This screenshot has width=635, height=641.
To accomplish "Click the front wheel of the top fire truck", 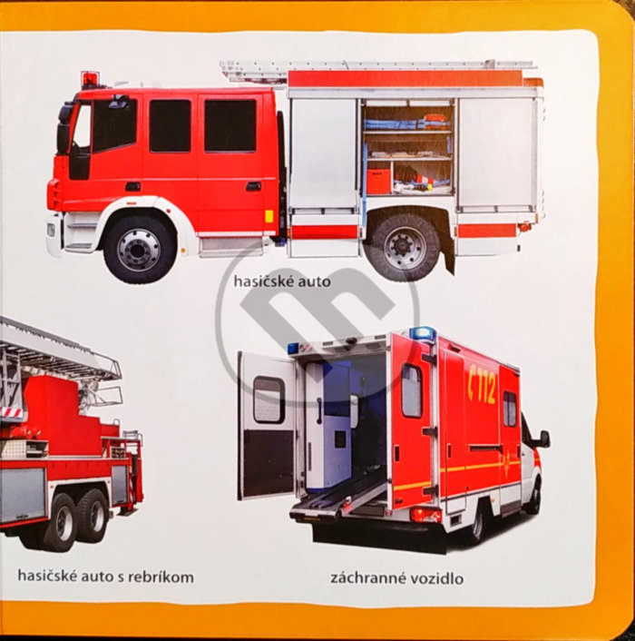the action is coord(140,250).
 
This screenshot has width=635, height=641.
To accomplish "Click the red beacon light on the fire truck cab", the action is coord(90,79).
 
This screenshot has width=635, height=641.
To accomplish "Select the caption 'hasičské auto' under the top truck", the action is coord(282,281).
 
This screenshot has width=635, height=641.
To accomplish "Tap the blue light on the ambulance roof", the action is coord(423,332).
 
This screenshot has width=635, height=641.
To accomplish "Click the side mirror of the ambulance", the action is coord(544,439).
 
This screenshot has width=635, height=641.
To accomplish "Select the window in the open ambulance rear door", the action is coord(269,399).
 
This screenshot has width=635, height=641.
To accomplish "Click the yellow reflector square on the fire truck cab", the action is coord(269,216).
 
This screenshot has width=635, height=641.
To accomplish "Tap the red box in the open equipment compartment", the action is coord(379,181).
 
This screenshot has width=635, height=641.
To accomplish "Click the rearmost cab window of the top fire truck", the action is coord(230,125).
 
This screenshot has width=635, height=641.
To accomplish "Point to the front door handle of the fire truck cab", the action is coord(132,187).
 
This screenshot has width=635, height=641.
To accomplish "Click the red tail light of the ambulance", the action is coord(425,516).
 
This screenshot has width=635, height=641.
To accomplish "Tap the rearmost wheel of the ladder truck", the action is coord(94,517).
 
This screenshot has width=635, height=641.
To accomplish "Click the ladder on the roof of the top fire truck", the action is coord(376,67).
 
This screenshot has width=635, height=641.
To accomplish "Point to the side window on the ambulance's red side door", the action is coord(411,390).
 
